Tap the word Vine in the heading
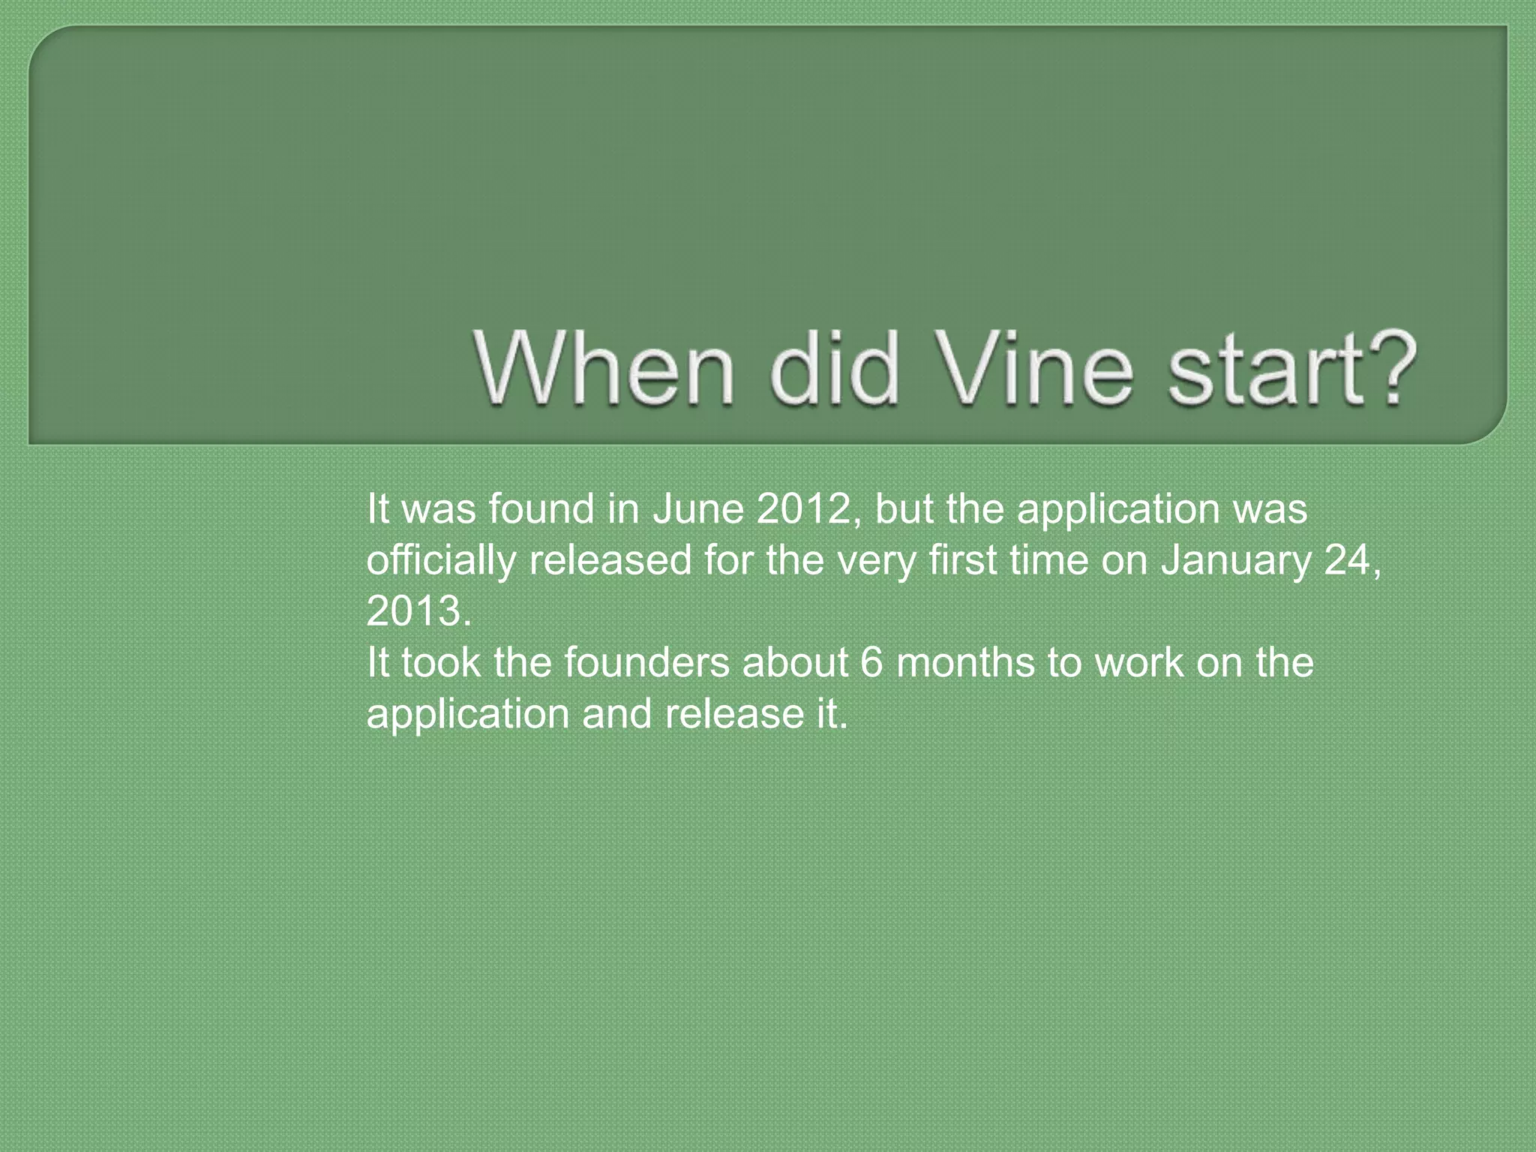click(x=1035, y=369)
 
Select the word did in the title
click(x=834, y=369)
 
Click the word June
click(x=697, y=509)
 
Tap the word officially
click(x=440, y=561)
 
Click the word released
click(x=610, y=560)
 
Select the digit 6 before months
click(x=871, y=663)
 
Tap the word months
click(x=966, y=663)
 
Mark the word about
click(x=795, y=663)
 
